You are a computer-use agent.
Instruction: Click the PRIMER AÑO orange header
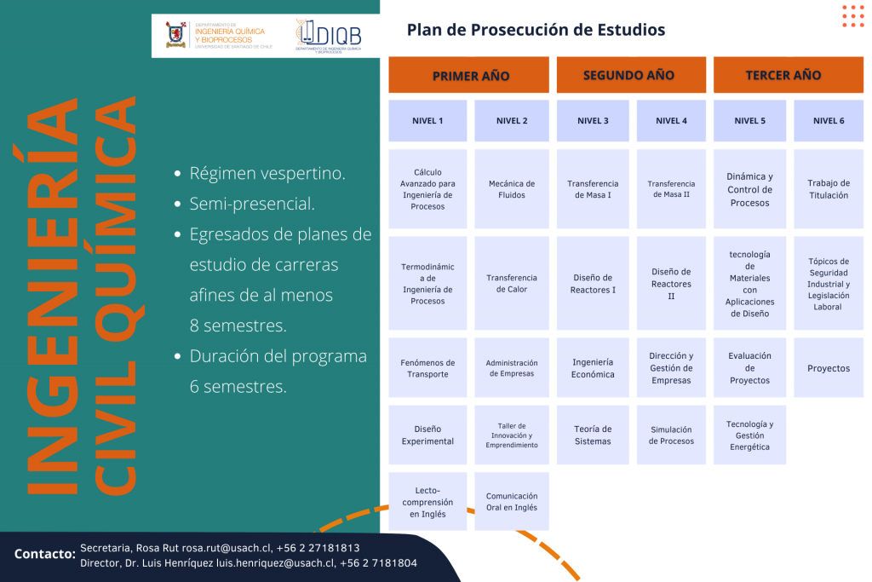pos(468,74)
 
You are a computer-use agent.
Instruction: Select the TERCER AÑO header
pos(788,74)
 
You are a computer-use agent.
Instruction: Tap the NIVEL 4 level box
pos(671,121)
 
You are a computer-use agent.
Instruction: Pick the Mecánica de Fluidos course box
pos(512,189)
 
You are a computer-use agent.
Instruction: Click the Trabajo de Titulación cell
pos(829,189)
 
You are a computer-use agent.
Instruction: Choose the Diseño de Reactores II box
pos(671,283)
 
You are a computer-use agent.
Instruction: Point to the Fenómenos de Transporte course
pos(427,368)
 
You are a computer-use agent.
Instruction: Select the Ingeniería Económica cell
pos(593,368)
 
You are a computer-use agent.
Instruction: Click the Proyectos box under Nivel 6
pos(829,368)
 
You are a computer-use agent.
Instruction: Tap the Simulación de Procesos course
pos(671,435)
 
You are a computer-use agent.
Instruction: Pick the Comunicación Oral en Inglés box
pos(512,501)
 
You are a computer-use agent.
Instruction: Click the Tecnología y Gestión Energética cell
pos(749,435)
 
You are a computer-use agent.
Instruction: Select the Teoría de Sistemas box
pos(593,435)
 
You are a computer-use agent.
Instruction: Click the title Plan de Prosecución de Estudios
pos(536,30)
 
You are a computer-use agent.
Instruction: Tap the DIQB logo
pos(328,36)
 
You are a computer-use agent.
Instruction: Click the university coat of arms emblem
pos(175,34)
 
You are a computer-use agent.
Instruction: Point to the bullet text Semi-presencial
pos(252,204)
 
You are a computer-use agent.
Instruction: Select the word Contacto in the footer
pos(45,554)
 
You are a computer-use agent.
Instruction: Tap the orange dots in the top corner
pos(853,16)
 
